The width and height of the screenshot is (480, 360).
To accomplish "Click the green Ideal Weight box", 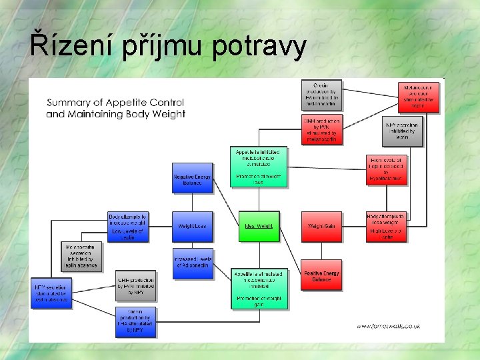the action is click(259, 226).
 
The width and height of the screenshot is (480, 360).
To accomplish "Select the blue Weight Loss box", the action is click(192, 226).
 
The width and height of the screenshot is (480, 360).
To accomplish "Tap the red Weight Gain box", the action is click(321, 226).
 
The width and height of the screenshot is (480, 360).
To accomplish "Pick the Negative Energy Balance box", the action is click(192, 177).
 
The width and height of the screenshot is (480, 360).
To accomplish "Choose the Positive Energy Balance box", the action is click(321, 275).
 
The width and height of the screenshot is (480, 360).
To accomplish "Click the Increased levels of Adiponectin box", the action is click(192, 263).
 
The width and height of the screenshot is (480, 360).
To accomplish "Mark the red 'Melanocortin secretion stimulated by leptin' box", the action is click(419, 97).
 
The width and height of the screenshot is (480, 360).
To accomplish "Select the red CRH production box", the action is click(322, 129).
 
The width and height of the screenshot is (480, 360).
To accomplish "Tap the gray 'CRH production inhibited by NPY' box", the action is click(135, 285).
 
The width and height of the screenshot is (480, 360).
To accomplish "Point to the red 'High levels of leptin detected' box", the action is click(386, 170).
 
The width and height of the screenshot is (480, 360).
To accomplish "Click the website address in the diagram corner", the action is click(388, 326).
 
